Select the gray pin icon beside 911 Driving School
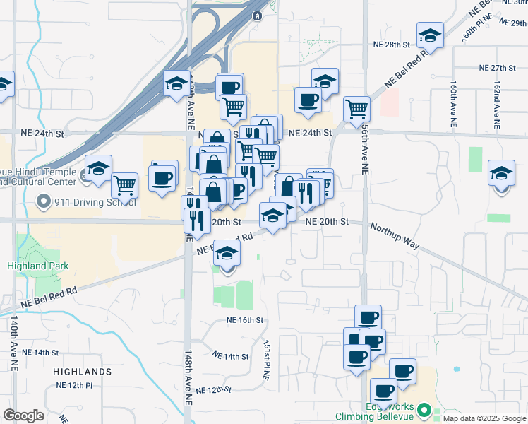(44, 203)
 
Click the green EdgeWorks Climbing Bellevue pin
(424, 410)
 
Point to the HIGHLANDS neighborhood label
(83, 371)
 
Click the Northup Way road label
(395, 237)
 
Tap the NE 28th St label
(392, 45)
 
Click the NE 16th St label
(245, 320)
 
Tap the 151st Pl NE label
(267, 363)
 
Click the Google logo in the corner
(23, 416)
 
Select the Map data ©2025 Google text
(484, 419)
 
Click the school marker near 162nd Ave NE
(501, 174)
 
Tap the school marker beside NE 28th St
(429, 35)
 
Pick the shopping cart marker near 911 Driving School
(124, 186)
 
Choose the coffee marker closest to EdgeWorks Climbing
(384, 390)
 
